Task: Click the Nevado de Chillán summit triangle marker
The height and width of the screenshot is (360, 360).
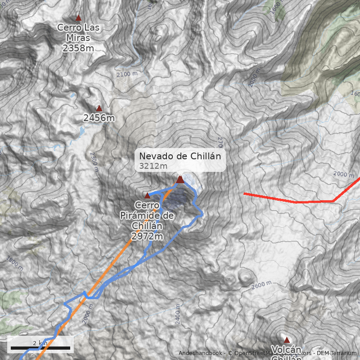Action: [180, 180]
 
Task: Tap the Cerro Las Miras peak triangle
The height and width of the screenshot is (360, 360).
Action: [79, 18]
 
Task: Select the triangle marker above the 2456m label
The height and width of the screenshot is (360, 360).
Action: [99, 108]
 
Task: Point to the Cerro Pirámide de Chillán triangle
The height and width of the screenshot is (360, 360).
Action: [147, 195]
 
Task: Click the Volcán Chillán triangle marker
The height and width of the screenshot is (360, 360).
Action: [287, 340]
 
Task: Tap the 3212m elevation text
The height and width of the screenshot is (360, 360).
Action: [153, 166]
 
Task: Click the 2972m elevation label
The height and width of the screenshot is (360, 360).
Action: [147, 236]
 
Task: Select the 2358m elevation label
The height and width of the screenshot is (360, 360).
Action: [78, 48]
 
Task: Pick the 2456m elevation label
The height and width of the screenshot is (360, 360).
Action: [99, 118]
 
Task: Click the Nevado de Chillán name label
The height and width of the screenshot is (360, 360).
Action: [180, 156]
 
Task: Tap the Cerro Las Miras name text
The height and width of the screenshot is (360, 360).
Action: [78, 32]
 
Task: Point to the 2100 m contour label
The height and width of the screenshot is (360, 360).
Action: [126, 74]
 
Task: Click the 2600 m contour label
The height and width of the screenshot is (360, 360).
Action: [261, 285]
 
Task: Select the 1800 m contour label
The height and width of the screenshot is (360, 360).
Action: [15, 263]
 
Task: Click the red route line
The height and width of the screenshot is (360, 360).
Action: [297, 202]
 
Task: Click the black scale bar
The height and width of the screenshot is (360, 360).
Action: [40, 348]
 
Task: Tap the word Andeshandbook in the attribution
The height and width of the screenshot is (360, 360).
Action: [200, 353]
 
